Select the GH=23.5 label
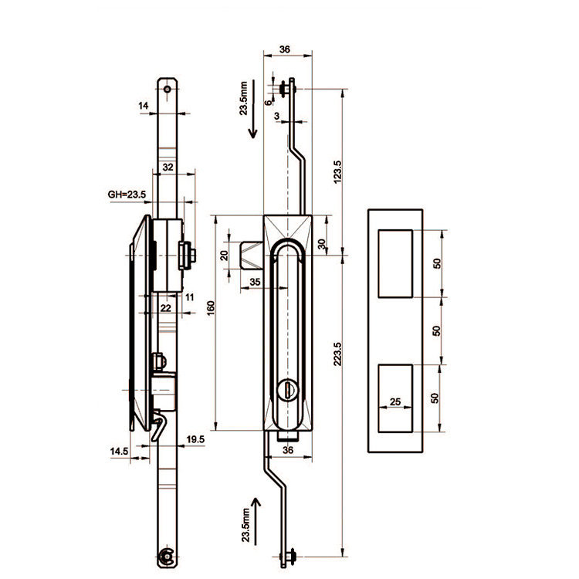pos(127,195)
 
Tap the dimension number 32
pos(168,166)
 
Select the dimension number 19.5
pos(195,439)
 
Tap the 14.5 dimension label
pos(119,449)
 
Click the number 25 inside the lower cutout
pos(394,402)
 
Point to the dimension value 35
pos(256,283)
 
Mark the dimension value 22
pos(164,307)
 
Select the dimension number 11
pos(190,296)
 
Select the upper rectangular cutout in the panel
pos(395,262)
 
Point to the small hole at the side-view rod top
pos(168,90)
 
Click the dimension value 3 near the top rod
pos(277,115)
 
